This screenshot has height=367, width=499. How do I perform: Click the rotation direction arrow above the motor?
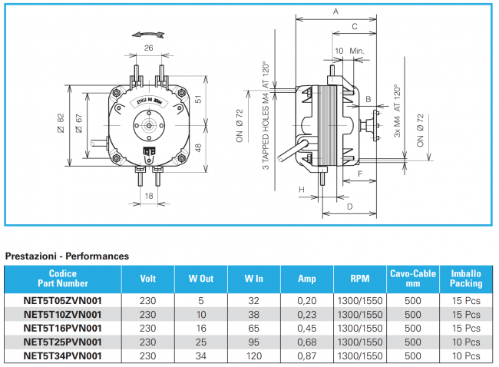tap(147, 33)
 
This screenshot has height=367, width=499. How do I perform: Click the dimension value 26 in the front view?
tap(149, 48)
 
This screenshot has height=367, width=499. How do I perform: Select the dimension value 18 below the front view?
tap(149, 196)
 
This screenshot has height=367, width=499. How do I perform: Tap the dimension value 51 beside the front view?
tap(197, 99)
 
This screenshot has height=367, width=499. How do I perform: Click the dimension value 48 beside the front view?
tap(197, 147)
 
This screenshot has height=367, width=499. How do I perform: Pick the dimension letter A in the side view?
tap(335, 12)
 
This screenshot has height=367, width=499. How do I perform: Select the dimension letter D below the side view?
tap(349, 207)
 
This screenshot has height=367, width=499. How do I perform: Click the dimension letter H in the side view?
tap(302, 189)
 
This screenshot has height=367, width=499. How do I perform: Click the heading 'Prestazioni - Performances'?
tap(67, 255)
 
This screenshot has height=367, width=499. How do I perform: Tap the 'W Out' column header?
tap(200, 279)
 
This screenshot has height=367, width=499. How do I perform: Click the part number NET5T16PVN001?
tap(62, 328)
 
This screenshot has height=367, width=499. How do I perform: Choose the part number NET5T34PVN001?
tap(62, 355)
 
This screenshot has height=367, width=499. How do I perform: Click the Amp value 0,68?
tap(306, 342)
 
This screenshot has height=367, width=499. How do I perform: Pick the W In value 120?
tap(253, 355)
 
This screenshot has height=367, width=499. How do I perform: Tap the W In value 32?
tap(253, 300)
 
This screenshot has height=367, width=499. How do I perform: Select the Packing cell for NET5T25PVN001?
tap(466, 342)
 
